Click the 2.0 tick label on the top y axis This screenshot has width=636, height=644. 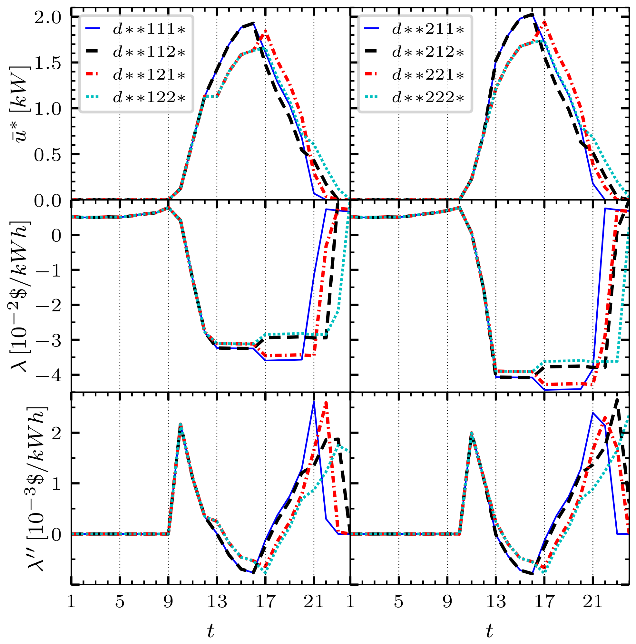point(48,17)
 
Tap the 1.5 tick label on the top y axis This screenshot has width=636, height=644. point(48,63)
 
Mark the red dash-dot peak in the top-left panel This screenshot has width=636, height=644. point(265,31)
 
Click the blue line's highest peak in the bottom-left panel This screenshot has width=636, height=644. point(314,402)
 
